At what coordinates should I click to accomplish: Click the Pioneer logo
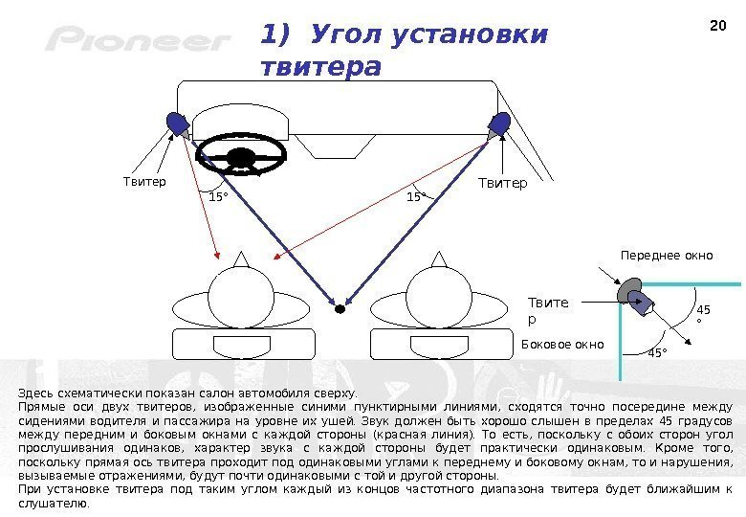tap(140, 40)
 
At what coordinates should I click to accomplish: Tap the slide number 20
tap(718, 26)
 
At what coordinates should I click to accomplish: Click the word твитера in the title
tap(320, 68)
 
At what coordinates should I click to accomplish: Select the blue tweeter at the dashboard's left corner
tap(177, 123)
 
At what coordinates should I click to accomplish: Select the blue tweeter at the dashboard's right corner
tap(500, 124)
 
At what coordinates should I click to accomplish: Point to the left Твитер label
tap(144, 181)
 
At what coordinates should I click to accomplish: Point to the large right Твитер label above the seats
tap(502, 183)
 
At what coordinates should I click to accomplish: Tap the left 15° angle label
tap(218, 197)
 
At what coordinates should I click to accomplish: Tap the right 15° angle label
tap(415, 197)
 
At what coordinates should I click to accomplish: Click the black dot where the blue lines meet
tap(340, 308)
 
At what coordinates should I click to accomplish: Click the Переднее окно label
tap(667, 256)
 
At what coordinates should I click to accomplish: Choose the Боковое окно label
tap(562, 343)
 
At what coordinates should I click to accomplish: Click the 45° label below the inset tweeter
tap(657, 354)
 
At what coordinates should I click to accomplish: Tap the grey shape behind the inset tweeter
tap(628, 289)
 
